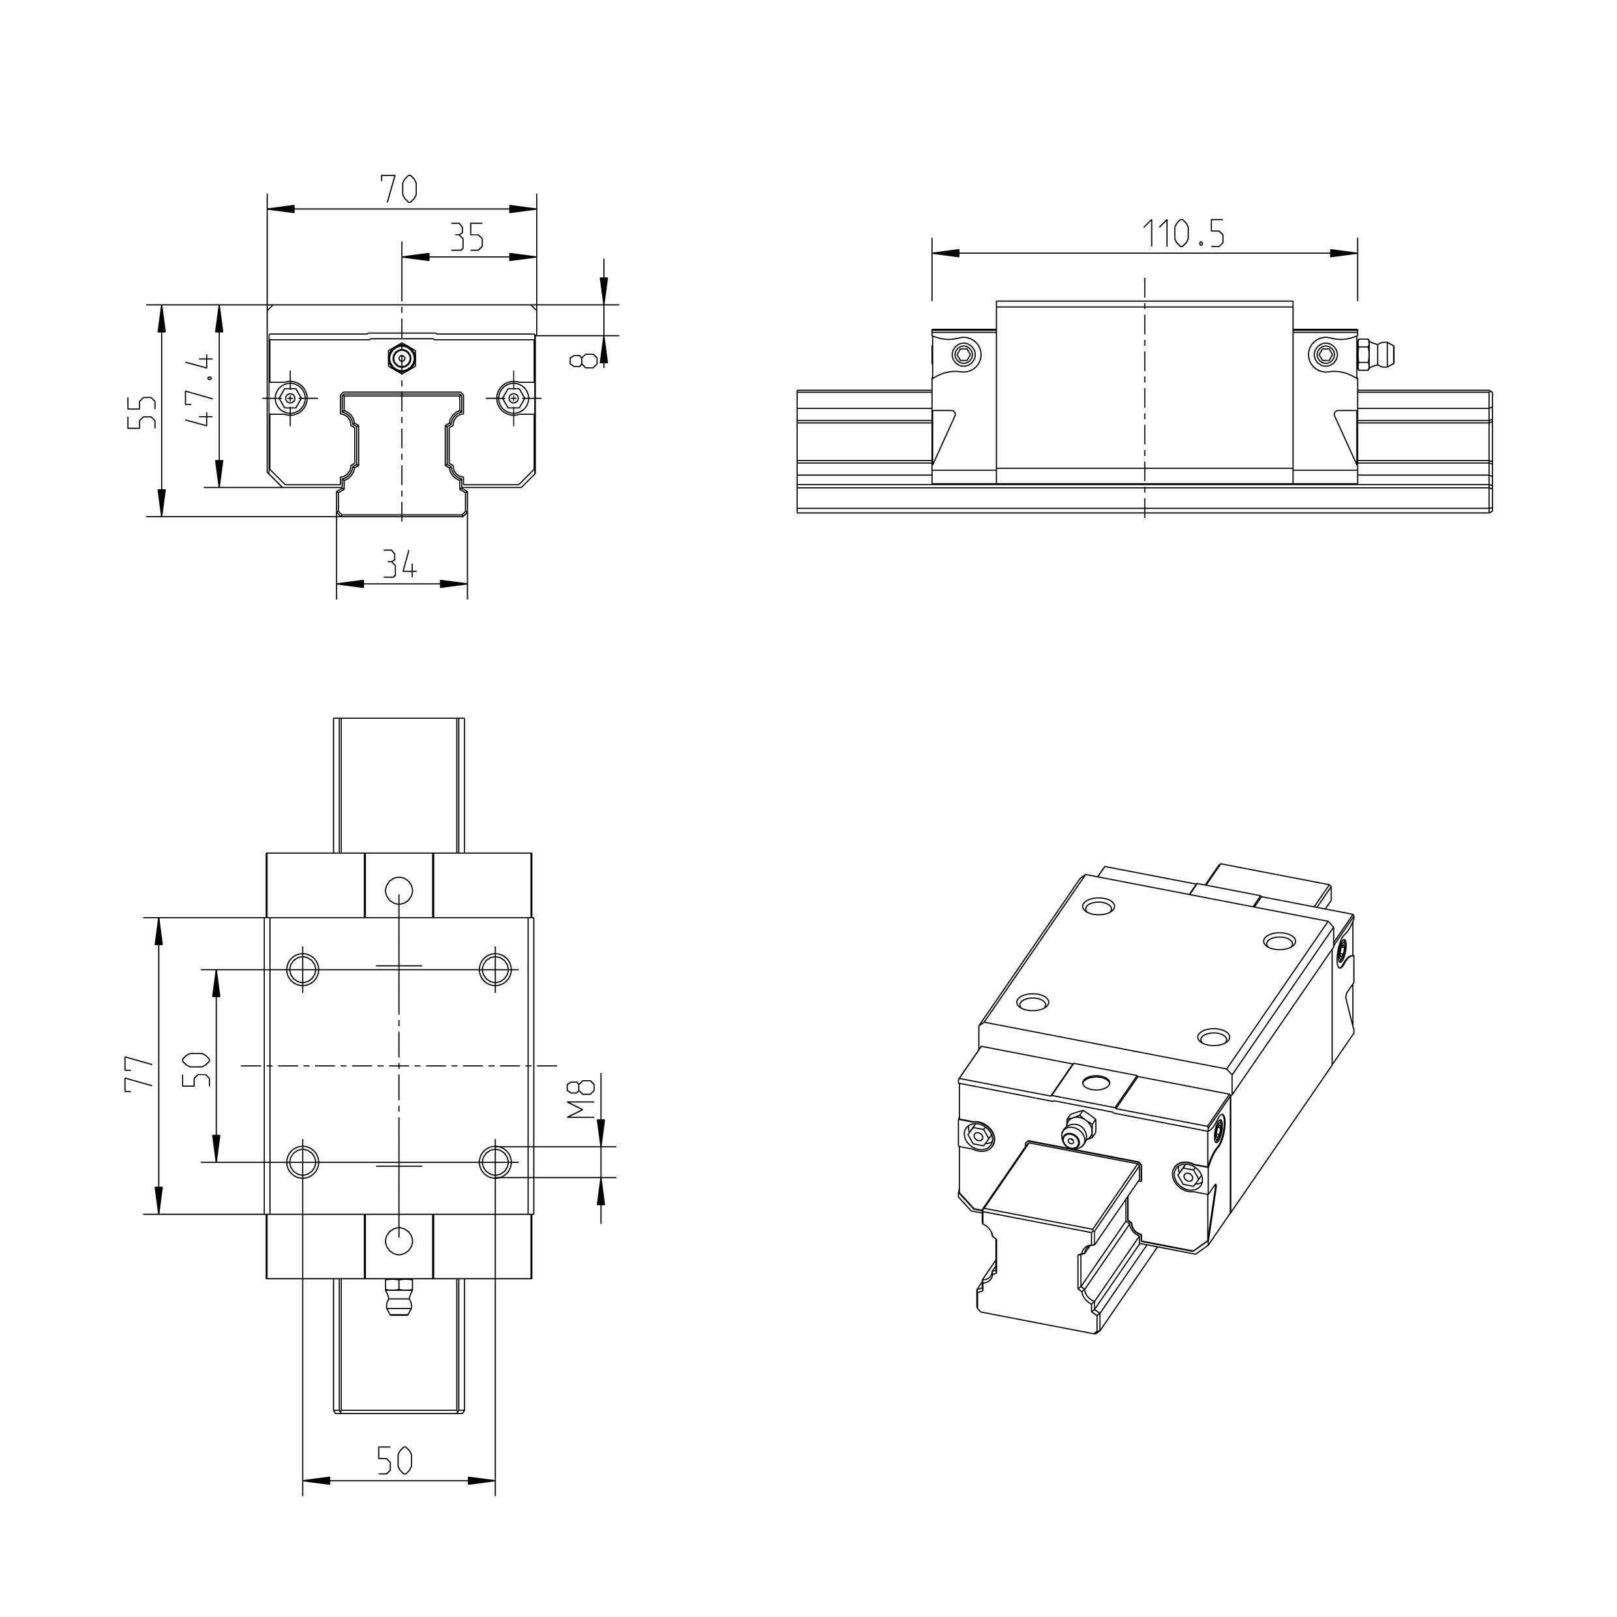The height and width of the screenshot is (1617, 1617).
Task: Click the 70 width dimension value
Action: tap(399, 189)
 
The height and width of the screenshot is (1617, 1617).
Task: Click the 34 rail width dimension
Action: tap(400, 565)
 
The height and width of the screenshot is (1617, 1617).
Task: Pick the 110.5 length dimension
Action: tap(1183, 233)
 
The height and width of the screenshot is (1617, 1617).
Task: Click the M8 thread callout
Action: tap(580, 1099)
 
